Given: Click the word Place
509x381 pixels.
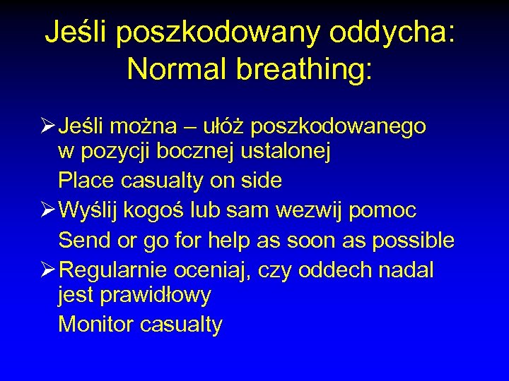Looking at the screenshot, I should click(87, 181).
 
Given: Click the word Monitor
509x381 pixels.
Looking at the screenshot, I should click(96, 325).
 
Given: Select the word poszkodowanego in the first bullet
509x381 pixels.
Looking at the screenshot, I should click(338, 126).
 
